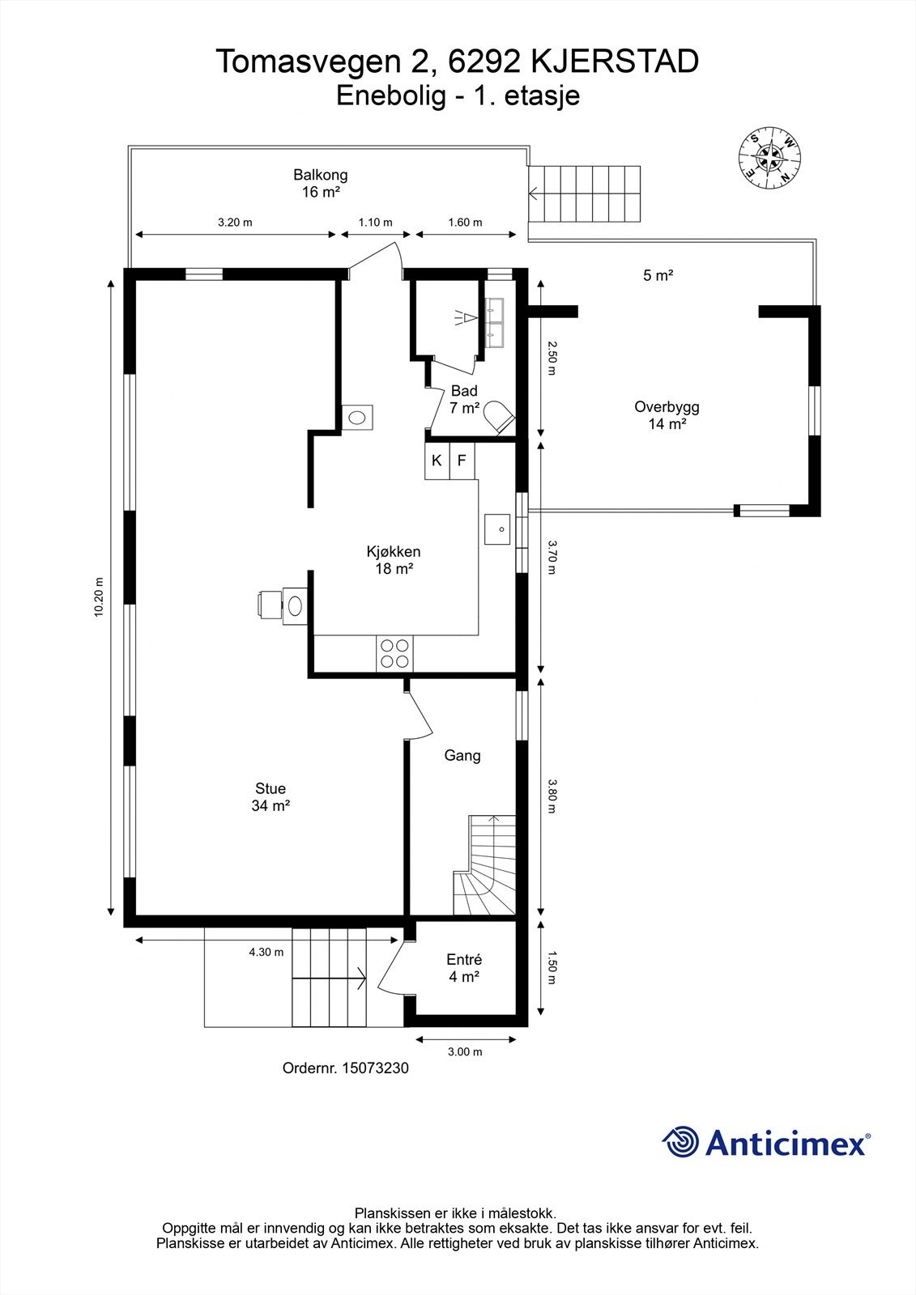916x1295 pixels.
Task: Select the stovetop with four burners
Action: [x=394, y=652]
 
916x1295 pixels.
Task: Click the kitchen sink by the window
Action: [x=497, y=529]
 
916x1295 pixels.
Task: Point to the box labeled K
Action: [x=437, y=461]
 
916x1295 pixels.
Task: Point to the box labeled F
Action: [x=462, y=461]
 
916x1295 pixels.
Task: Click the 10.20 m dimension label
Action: [x=99, y=597]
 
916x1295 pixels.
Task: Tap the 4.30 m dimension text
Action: [x=266, y=952]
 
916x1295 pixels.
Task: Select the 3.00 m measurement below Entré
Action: [x=465, y=1051]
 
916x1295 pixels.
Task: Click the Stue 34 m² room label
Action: [x=271, y=796]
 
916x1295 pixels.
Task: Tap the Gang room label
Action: [x=462, y=755]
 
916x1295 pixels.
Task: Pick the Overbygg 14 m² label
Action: [x=667, y=414]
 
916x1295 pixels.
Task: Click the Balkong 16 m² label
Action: [x=321, y=183]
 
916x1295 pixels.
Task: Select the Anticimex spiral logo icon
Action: [x=680, y=1142]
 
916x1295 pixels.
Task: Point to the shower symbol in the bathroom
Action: [x=464, y=317]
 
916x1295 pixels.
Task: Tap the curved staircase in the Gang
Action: [x=484, y=874]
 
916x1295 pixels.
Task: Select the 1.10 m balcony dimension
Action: [x=375, y=223]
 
